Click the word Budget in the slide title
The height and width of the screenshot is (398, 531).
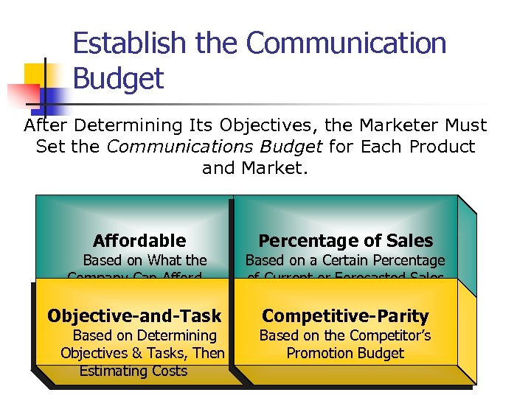click(118, 78)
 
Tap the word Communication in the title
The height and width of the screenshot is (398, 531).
click(346, 43)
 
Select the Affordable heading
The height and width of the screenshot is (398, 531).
click(139, 241)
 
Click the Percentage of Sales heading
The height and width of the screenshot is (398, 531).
click(345, 241)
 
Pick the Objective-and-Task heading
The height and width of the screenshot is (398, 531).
click(134, 316)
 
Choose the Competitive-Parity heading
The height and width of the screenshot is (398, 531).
click(345, 316)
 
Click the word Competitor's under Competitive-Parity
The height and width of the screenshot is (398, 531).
click(383, 335)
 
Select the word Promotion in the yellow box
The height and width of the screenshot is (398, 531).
click(316, 353)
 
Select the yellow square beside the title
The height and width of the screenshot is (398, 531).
click(37, 74)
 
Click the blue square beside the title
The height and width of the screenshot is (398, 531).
click(56, 97)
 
